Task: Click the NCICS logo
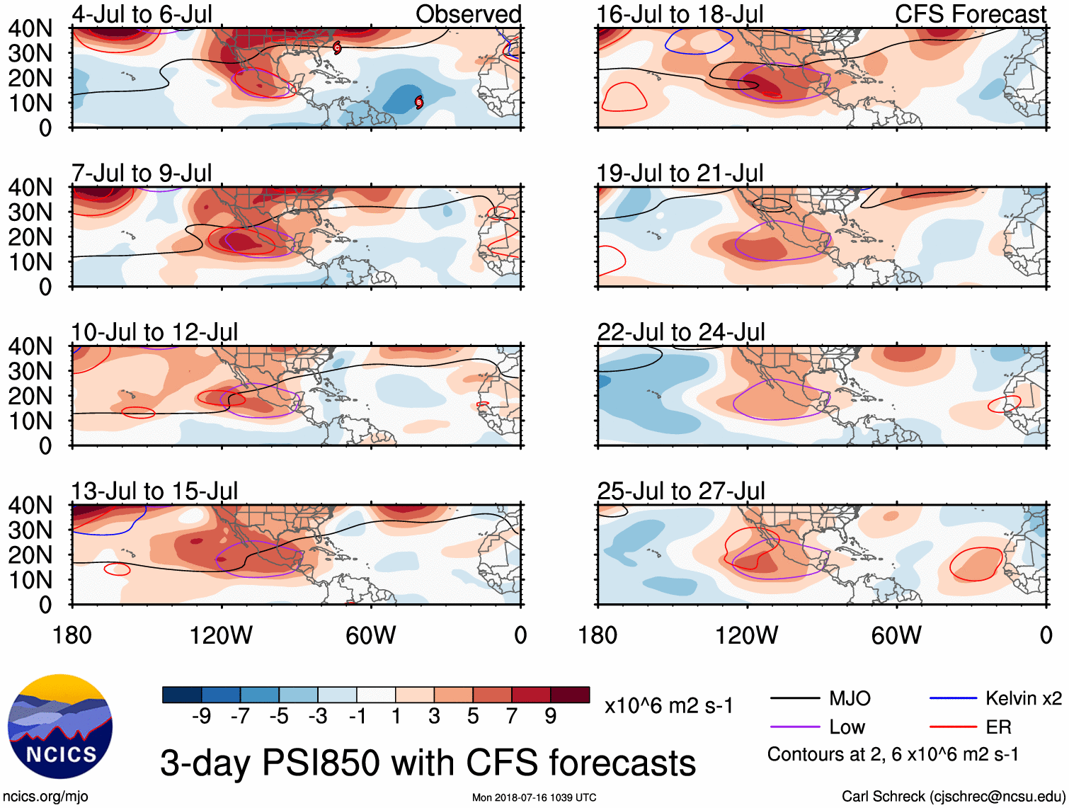pos(59,726)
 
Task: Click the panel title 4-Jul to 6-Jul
pos(142,14)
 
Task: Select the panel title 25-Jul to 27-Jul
pos(681,491)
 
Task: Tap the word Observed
pos(468,14)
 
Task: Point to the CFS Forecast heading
pos(970,14)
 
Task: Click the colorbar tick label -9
pos(201,717)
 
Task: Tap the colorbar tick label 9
pos(551,717)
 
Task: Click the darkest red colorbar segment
pos(570,695)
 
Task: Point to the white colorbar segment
pos(376,695)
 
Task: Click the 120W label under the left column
pos(221,635)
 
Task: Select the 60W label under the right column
pos(896,635)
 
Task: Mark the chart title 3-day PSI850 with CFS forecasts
pos(428,763)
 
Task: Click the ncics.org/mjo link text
pos(45,797)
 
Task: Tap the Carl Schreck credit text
pos(953,797)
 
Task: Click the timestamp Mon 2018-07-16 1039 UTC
pos(534,798)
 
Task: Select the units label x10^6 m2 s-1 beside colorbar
pos(669,706)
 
